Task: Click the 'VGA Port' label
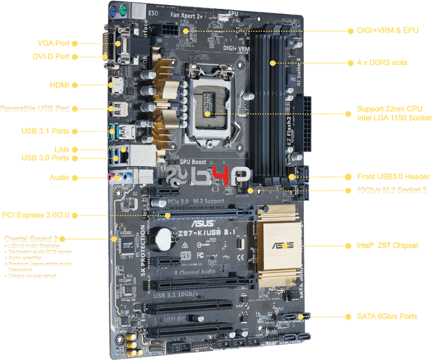point(53,44)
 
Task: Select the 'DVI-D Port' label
point(51,57)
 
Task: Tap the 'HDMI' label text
point(59,85)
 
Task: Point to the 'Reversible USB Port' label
point(35,109)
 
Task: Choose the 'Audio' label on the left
point(59,178)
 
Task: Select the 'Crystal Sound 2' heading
point(31,239)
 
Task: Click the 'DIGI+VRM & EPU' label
point(387,31)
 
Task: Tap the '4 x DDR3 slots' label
point(382,62)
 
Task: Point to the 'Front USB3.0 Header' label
point(393,177)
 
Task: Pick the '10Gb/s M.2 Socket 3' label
point(392,190)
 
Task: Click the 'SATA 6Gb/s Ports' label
point(387,316)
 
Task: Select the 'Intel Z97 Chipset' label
point(387,245)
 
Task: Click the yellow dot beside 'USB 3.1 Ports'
point(74,131)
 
